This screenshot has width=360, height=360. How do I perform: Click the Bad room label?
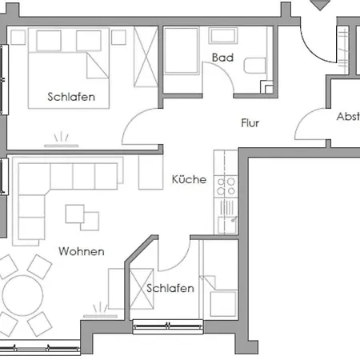pos(222,58)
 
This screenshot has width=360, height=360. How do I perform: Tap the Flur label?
pos(250,123)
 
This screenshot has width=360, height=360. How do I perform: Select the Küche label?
pos(189,179)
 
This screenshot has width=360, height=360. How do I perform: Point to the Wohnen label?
pos(82,251)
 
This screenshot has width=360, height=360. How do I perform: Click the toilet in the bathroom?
pos(254,66)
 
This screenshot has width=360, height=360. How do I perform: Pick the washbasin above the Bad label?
pos(223,36)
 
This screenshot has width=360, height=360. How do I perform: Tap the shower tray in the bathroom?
pos(182,50)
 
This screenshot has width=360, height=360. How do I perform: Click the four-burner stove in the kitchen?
pos(226,186)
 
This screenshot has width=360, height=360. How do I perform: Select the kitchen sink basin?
pos(227,224)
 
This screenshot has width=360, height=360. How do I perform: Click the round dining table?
pos(22,295)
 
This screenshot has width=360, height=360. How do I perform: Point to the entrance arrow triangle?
pos(320,5)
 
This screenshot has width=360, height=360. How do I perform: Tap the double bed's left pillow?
pos(49,41)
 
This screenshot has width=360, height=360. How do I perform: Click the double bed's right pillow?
pos(89,41)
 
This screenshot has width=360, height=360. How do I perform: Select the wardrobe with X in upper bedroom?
pos(146,57)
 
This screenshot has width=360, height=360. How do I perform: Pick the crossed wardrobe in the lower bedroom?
pos(142,289)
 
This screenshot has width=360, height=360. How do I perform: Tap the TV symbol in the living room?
pos(100,311)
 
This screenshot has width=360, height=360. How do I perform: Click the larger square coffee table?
pos(75,214)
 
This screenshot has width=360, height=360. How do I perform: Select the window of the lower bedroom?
pos(168,326)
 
